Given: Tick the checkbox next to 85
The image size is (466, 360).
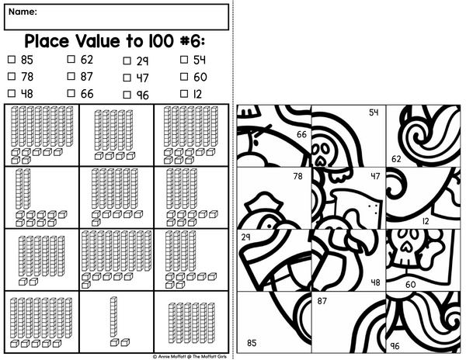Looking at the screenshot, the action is click(12, 60).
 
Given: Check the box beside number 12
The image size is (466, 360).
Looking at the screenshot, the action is click(184, 94).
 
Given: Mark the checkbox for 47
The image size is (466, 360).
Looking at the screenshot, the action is click(127, 78).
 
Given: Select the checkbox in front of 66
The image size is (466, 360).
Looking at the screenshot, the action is click(71, 93).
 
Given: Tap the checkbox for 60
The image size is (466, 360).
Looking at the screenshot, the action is click(184, 77).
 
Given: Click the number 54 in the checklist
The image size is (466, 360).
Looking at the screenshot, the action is click(200, 60).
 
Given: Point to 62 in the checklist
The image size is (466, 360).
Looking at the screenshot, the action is click(87, 60).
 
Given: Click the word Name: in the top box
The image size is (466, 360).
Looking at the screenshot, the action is click(23, 12).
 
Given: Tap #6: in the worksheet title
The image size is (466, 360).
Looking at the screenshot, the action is click(193, 41).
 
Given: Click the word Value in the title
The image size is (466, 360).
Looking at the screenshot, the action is click(99, 41).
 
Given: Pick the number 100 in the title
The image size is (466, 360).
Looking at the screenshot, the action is click(161, 41).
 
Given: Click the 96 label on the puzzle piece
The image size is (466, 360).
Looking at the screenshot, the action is click(395, 346).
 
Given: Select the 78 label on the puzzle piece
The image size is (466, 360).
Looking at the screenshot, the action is click(297, 176).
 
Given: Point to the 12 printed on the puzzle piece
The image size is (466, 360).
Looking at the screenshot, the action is click(426, 221).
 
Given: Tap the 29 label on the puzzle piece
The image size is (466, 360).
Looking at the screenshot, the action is click(245, 237).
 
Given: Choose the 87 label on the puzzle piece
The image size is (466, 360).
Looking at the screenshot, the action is click(322, 301).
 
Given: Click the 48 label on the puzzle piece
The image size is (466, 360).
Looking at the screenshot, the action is click(376, 282).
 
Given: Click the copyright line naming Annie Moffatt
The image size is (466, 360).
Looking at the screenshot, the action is click(190, 356).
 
